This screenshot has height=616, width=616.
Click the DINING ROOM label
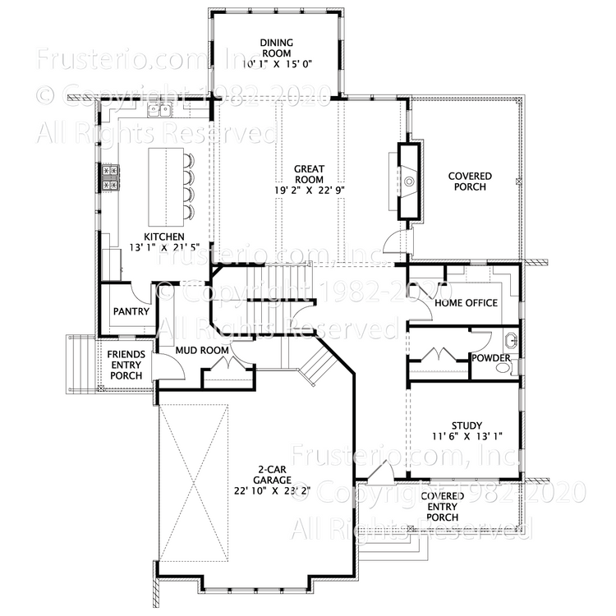pyautogui.click(x=276, y=43)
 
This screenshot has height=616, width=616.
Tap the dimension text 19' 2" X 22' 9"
pyautogui.click(x=309, y=190)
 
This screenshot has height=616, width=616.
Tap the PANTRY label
pyautogui.click(x=131, y=312)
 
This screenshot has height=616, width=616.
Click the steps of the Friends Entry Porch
pyautogui.click(x=79, y=364)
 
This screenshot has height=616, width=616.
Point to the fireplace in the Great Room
pyautogui.click(x=409, y=181)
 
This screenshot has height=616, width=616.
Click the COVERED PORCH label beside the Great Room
pyautogui.click(x=469, y=182)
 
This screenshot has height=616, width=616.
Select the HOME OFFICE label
pyautogui.click(x=466, y=303)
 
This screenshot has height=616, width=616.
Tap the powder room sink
pyautogui.click(x=511, y=339)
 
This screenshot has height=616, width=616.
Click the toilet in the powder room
pyautogui.click(x=503, y=368)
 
